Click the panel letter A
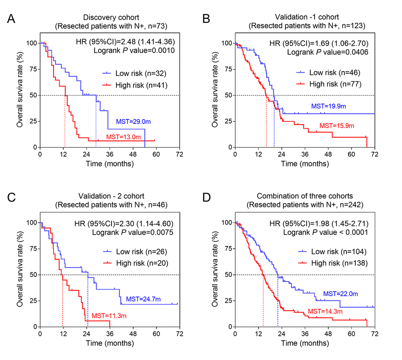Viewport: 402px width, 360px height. (x=12, y=19)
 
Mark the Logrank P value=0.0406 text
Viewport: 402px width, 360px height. (x=322, y=51)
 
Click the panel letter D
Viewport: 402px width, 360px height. (x=207, y=198)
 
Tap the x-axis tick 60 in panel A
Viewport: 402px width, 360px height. (x=156, y=154)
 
